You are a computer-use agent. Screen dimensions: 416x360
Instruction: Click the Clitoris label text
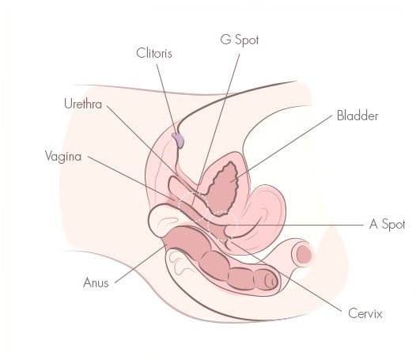[x=154, y=53]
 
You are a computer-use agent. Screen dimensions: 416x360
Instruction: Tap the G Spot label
[x=240, y=40]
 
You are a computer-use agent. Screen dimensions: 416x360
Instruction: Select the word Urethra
[x=83, y=104]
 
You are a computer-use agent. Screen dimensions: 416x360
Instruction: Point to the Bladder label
[x=357, y=116]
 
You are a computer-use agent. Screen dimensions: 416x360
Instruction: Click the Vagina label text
[x=63, y=157]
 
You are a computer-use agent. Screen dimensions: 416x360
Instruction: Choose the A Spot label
[x=387, y=225]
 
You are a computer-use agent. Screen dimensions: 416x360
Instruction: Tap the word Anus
[x=96, y=282]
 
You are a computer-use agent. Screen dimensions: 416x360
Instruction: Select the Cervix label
[x=365, y=313]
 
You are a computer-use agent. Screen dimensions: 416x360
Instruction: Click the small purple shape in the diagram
[x=178, y=140]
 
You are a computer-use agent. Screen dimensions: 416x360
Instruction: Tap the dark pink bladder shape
[x=222, y=188]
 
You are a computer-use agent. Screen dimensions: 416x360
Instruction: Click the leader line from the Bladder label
[x=282, y=149]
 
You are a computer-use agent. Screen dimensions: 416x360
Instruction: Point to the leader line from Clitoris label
[x=166, y=99]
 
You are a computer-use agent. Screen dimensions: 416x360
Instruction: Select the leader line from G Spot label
[x=215, y=130]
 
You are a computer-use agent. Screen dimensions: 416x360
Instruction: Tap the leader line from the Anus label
[x=140, y=264]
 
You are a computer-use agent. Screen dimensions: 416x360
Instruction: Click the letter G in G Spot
[x=225, y=40]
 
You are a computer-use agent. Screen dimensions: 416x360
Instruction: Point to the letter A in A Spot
[x=373, y=224]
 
